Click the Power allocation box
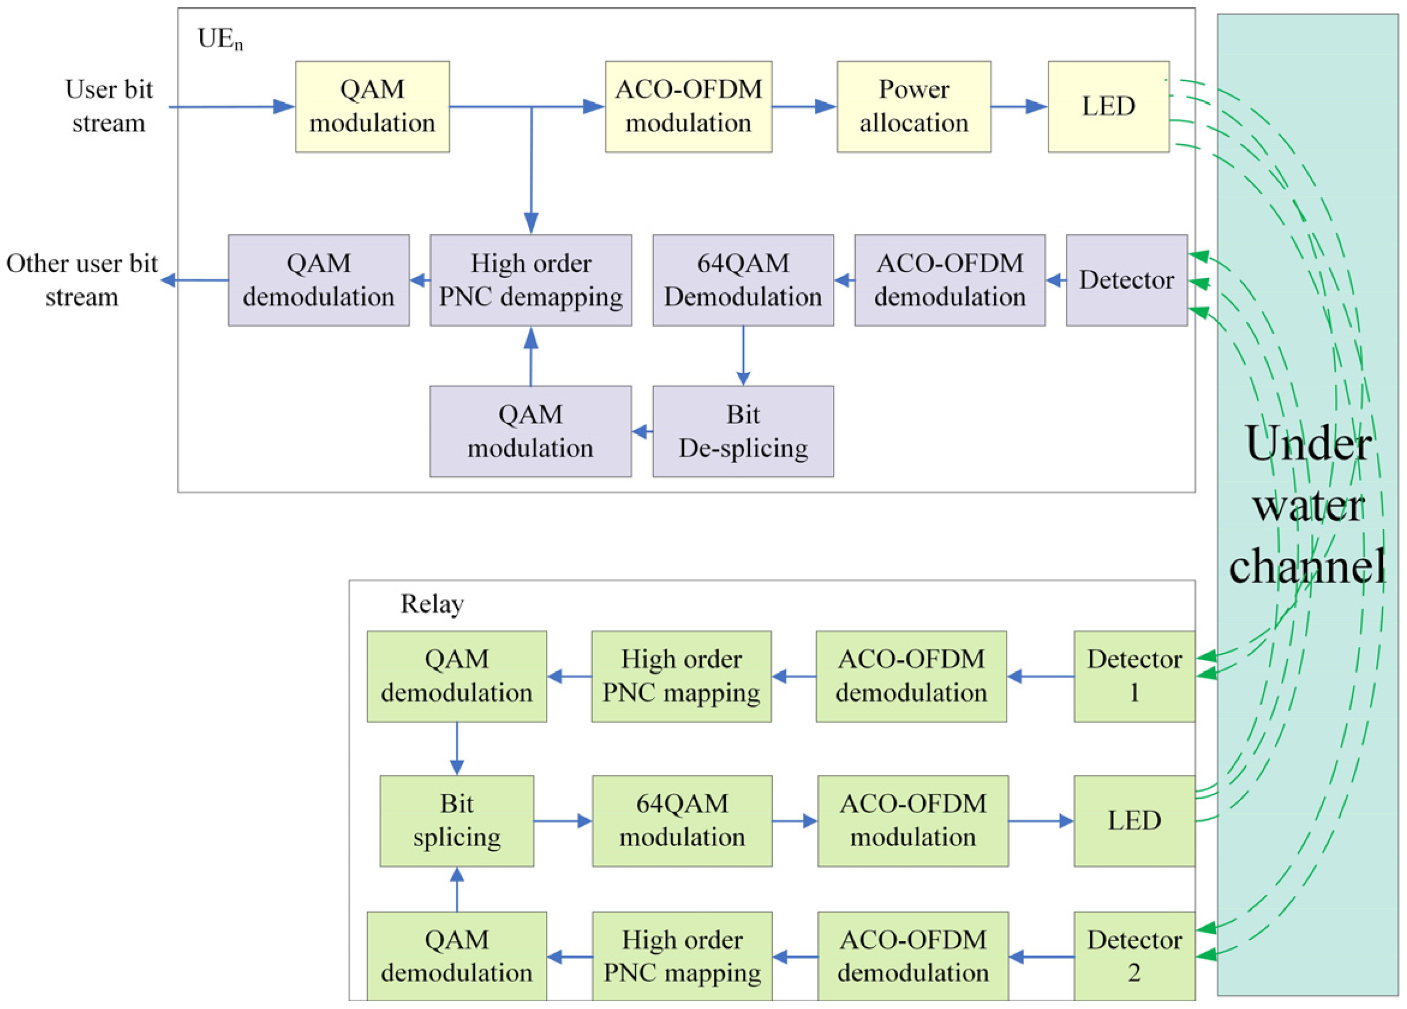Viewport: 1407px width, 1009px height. (x=913, y=106)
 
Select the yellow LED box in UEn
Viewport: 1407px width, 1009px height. (x=1108, y=106)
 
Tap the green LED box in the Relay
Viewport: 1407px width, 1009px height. (x=1133, y=820)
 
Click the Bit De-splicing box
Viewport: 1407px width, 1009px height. (x=743, y=431)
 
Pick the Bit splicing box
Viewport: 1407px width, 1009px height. (x=456, y=820)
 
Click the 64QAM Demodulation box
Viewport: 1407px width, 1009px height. (x=743, y=280)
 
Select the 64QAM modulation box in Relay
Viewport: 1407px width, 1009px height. (x=682, y=820)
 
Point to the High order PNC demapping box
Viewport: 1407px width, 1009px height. (x=530, y=280)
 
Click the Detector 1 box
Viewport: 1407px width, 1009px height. (x=1133, y=676)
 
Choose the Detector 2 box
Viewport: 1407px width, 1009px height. (x=1133, y=956)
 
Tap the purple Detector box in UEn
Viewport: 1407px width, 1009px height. (x=1126, y=280)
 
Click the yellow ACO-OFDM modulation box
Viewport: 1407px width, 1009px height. (x=688, y=106)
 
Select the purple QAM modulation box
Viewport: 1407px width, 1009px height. (x=530, y=431)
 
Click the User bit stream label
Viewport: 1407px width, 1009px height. (x=109, y=106)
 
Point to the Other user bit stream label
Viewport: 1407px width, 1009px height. (x=81, y=280)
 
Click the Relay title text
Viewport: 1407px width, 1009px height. (x=432, y=604)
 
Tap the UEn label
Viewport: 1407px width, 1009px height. (x=220, y=39)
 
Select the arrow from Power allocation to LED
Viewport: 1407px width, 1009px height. (x=1018, y=107)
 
